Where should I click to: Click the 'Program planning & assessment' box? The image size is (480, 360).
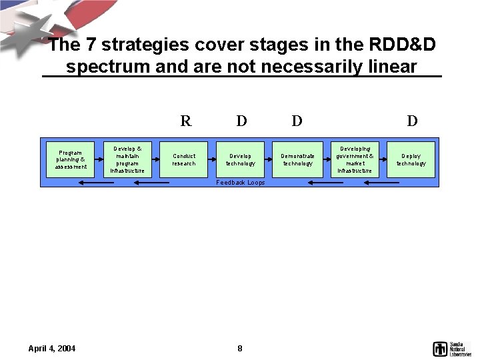pos(71,159)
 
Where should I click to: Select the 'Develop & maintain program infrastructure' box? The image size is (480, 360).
pos(127,159)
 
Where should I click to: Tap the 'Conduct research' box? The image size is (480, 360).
pos(184,159)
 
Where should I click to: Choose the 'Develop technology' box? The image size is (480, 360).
pos(241,159)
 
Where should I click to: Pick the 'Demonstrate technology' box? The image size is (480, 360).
pos(297,159)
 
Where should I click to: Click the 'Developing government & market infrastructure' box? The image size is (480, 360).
pos(355,159)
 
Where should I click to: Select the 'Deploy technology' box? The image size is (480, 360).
pos(411,159)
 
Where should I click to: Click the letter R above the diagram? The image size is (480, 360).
pos(186,121)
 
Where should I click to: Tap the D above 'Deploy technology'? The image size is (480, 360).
pos(413,121)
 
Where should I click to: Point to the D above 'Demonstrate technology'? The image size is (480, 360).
pos(297,121)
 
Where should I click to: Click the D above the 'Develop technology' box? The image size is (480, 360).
pos(241,121)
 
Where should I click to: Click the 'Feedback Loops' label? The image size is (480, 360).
pos(241,183)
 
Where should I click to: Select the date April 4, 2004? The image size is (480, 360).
pos(52,348)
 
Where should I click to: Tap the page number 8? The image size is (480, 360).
pos(240,348)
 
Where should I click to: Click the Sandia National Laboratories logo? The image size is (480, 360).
pos(451,348)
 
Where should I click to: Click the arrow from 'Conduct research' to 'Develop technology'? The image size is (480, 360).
pos(213,159)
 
